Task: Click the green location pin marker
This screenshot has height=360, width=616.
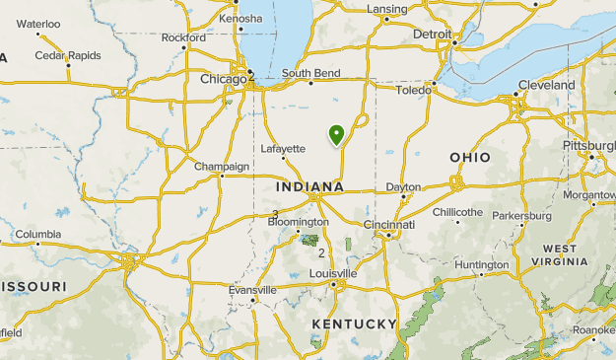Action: (337, 134)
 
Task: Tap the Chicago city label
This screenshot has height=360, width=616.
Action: (224, 79)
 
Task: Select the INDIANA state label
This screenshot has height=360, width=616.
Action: (310, 186)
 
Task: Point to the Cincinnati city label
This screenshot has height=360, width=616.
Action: (388, 225)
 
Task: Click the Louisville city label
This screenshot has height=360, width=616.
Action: (332, 273)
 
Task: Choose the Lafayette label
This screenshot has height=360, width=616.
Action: (283, 149)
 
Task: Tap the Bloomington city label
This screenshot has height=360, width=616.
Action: (299, 222)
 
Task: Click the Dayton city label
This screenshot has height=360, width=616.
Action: (403, 186)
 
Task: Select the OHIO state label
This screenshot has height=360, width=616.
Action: (470, 157)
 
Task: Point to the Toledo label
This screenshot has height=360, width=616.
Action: (414, 90)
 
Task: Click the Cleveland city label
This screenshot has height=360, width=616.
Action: (546, 85)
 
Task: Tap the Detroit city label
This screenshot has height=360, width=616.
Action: (433, 34)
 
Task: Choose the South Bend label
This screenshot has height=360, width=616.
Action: (310, 73)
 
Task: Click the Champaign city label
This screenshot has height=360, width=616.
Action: (222, 166)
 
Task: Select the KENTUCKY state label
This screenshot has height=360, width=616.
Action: (354, 324)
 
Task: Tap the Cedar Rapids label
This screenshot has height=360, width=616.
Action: (68, 55)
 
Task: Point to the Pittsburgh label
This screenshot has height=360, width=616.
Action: (588, 145)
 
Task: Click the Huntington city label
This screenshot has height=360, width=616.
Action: (482, 264)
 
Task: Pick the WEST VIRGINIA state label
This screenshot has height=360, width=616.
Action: (560, 255)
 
